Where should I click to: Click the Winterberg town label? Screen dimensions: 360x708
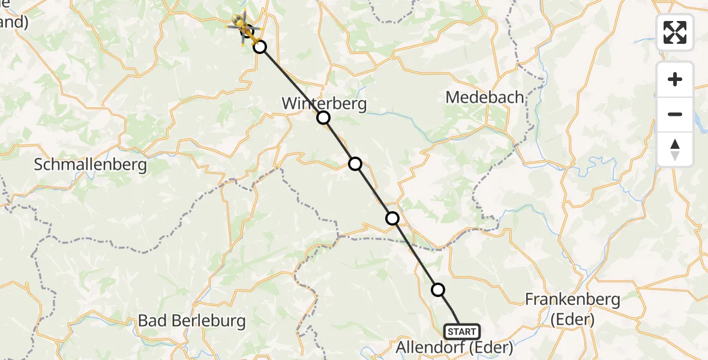click(324, 103)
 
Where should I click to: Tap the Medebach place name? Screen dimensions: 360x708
click(485, 97)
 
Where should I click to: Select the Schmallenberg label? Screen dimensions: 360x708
click(90, 164)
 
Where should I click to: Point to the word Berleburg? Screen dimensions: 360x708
click(208, 320)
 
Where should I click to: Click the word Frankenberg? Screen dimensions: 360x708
click(572, 299)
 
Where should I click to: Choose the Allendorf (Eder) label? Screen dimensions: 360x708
click(454, 347)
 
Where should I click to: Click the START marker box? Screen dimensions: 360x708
click(461, 331)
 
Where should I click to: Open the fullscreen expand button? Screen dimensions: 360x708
click(675, 32)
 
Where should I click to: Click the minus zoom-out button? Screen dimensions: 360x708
click(675, 114)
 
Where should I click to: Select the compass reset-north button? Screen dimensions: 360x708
click(675, 149)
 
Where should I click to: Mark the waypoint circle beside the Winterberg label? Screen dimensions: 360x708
click(323, 118)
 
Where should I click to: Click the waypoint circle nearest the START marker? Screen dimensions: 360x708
click(438, 290)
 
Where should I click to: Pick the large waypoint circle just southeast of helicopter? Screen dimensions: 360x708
click(260, 46)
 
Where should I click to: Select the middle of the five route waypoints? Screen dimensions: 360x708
click(355, 163)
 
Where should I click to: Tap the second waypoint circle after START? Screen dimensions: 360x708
click(392, 218)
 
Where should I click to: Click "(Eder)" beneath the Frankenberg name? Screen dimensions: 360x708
click(572, 320)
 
